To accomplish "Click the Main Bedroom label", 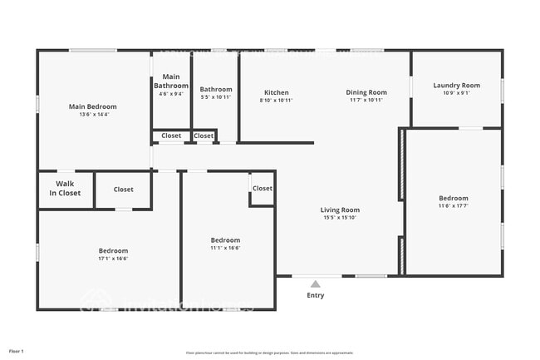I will click(92, 106).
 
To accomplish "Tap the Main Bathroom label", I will click(171, 81).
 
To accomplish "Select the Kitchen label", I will click(277, 92).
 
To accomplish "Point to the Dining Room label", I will click(366, 92).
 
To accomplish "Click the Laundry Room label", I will click(456, 85).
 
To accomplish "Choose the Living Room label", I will click(340, 210).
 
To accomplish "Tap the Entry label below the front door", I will click(316, 295).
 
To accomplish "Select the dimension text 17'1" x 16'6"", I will click(114, 259).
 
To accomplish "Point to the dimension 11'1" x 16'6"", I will click(225, 248).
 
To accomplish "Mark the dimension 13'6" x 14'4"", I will click(92, 115).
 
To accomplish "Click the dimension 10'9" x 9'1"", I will click(456, 93).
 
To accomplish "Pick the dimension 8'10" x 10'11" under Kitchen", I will click(277, 100).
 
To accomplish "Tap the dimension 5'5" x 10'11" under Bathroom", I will click(216, 97).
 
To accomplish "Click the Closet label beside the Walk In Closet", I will click(123, 190).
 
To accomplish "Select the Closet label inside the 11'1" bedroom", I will click(263, 189).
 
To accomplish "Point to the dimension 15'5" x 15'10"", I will click(340, 219).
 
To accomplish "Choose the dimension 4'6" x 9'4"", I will click(171, 94).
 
